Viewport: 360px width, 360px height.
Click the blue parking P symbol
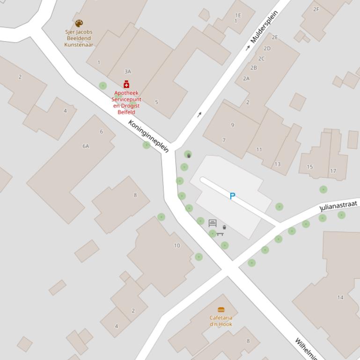(232, 196)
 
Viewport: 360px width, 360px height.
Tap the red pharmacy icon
(126, 85)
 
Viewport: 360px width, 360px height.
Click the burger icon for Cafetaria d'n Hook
(221, 310)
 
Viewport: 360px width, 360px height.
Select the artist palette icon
(79, 23)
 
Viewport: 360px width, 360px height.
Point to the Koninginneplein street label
(148, 136)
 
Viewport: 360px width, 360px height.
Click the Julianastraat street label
(338, 206)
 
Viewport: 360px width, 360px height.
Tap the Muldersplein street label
(264, 27)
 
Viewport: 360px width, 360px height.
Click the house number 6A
(86, 146)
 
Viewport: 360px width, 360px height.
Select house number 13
(278, 164)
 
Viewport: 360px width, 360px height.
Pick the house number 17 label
(333, 171)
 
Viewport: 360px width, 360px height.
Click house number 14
(340, 297)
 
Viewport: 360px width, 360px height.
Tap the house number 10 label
(177, 245)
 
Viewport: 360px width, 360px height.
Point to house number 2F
(316, 9)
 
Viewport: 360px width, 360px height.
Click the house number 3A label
(128, 72)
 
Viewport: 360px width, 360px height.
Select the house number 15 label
(310, 167)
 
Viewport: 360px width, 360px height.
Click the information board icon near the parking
(213, 223)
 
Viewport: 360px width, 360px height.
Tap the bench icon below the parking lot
(220, 234)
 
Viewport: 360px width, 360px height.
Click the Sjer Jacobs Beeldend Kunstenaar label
(79, 38)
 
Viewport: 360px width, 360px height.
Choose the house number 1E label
(238, 15)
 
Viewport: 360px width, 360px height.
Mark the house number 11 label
(259, 150)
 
